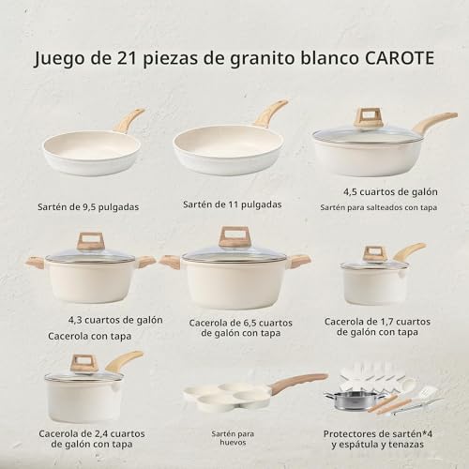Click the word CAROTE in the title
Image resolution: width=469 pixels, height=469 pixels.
[x=400, y=58]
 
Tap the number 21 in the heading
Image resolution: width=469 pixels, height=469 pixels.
[x=128, y=58]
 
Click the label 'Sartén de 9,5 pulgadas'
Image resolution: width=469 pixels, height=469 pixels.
[x=88, y=207]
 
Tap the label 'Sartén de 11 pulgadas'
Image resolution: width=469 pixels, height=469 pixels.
[x=233, y=204]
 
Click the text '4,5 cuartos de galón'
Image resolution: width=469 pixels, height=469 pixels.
[x=390, y=191]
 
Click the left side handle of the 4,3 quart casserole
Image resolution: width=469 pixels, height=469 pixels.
[x=35, y=262]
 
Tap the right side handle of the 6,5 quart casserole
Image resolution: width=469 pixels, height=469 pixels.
[x=301, y=262]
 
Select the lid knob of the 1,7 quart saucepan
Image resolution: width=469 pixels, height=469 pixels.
[x=374, y=254]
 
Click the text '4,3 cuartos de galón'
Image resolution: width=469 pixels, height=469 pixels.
[x=115, y=320]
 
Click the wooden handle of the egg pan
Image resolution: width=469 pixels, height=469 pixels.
[x=297, y=383]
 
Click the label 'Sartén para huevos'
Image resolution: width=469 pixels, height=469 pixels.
[x=233, y=438]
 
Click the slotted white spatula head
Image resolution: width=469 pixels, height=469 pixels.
[x=427, y=391]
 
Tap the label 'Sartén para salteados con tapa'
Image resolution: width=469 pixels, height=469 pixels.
[x=379, y=207]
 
